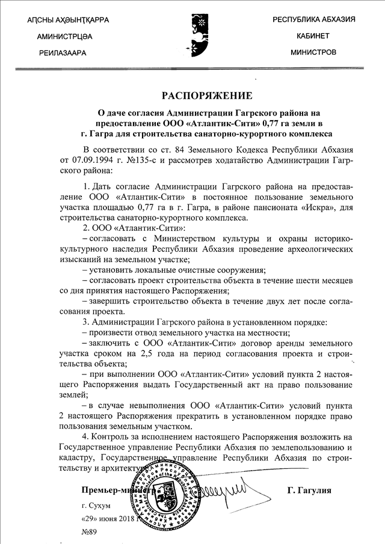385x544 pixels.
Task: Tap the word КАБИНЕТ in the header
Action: (x=313, y=36)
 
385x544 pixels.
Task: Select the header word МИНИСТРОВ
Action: (x=313, y=52)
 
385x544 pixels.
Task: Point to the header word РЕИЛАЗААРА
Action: (x=63, y=53)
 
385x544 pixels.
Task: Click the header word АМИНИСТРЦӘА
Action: (x=64, y=37)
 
